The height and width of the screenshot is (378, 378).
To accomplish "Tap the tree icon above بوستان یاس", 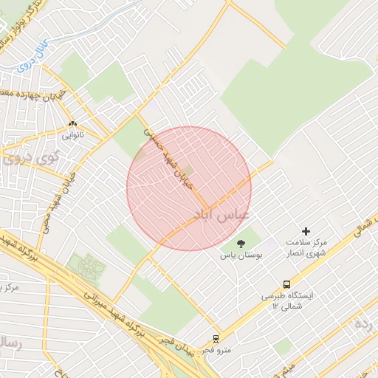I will (240, 244).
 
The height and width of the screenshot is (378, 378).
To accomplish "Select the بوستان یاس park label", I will (240, 255).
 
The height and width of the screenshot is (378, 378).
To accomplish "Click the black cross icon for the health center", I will (306, 231).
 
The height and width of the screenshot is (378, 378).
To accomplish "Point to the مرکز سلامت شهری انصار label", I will (307, 248).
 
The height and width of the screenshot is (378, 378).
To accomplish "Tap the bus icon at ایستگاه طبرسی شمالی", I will (286, 284).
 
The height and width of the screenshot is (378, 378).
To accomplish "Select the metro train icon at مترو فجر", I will (216, 338).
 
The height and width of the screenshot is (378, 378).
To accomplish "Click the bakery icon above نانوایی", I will (72, 124).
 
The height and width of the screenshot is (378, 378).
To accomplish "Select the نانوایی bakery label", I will (72, 135).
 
